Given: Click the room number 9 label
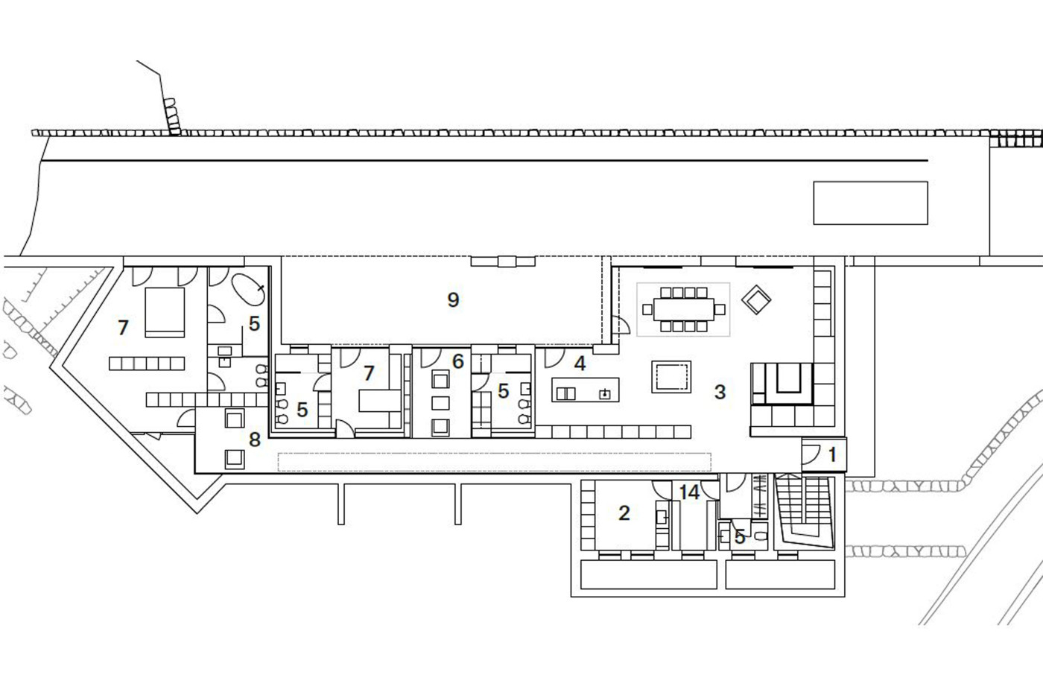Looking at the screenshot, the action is click(453, 299).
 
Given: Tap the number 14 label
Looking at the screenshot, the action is click(690, 492).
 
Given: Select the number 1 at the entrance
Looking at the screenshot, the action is click(833, 455).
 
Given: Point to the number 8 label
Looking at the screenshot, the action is click(254, 439).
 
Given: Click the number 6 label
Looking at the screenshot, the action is click(457, 361).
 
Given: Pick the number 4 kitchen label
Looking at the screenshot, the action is click(580, 364).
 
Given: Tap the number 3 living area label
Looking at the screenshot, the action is click(720, 392).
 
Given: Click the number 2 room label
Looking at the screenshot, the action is click(624, 513).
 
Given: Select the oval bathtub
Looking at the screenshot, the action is click(248, 289).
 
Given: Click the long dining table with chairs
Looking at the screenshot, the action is click(684, 309).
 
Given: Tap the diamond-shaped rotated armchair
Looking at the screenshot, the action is click(756, 299).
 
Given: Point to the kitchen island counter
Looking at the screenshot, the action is click(586, 390).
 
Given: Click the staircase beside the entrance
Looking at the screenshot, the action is click(804, 511).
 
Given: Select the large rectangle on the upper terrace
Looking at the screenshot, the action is click(870, 203).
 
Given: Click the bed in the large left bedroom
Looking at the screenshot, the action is click(165, 312).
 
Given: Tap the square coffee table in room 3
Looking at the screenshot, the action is click(671, 377).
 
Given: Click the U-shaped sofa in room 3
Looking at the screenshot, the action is click(782, 384).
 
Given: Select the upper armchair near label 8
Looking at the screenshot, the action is click(234, 418).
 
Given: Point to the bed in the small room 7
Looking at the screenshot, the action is click(380, 401).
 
